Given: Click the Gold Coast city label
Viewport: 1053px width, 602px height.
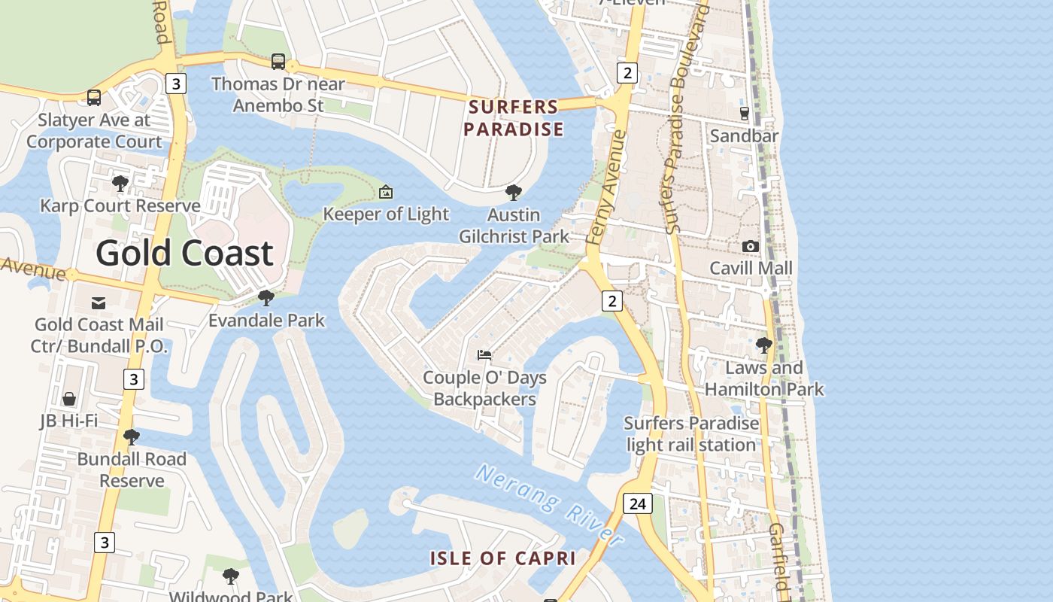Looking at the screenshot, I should [x=184, y=254].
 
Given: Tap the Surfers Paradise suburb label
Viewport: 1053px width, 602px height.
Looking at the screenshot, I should [x=514, y=118].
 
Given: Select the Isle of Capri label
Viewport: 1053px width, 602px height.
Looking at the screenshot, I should [x=502, y=558].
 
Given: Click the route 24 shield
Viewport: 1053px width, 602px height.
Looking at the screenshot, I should [x=637, y=503].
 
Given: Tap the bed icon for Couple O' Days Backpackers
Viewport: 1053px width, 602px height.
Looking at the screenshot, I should [x=484, y=354].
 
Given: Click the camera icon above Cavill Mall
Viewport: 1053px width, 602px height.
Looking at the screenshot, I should [x=750, y=246].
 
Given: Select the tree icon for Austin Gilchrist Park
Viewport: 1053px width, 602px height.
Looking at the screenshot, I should [x=514, y=193].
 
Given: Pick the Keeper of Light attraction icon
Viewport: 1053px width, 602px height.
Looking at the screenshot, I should [x=386, y=192].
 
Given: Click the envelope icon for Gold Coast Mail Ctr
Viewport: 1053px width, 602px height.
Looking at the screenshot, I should [x=99, y=303].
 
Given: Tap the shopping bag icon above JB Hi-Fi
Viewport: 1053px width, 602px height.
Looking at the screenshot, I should [x=69, y=398].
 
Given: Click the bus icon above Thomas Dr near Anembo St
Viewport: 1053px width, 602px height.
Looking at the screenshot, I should [x=278, y=61].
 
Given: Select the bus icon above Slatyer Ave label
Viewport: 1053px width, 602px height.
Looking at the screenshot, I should [x=94, y=97].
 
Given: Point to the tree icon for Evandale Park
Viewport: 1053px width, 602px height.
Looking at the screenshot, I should [x=266, y=298].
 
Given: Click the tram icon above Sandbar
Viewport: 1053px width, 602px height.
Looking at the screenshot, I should [x=745, y=113].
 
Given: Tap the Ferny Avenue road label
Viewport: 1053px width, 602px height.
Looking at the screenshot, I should [x=606, y=188].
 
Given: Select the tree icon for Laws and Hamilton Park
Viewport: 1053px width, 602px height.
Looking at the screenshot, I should [x=763, y=345].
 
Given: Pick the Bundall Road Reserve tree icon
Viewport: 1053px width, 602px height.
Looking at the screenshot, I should [x=132, y=436].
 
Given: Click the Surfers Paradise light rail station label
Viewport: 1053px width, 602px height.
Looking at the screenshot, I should [x=691, y=433].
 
